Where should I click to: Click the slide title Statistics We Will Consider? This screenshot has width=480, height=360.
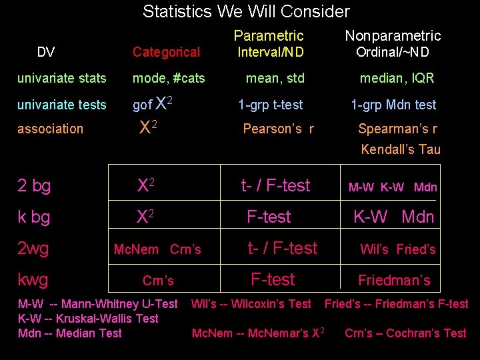tap(246, 11)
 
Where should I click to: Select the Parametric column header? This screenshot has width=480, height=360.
tap(269, 35)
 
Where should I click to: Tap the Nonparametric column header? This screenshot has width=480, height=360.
tap(393, 35)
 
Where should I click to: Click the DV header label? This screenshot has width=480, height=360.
tap(46, 52)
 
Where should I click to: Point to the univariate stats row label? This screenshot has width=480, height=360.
tap(61, 78)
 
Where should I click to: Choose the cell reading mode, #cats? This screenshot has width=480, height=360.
tap(169, 78)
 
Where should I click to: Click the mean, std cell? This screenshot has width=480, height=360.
tap(275, 78)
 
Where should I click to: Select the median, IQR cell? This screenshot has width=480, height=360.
tap(397, 78)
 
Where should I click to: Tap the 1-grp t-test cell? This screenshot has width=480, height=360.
tap(271, 105)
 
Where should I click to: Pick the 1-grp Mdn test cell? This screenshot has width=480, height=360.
tap(393, 105)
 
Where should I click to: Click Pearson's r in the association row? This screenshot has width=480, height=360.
tap(278, 129)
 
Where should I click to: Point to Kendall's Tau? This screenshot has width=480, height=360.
tap(401, 149)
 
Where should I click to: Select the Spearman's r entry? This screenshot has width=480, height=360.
tap(397, 129)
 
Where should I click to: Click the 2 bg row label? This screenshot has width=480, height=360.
tap(34, 186)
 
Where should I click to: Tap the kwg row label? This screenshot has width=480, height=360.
tap(33, 279)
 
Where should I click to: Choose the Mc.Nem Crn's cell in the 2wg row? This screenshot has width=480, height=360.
tap(157, 249)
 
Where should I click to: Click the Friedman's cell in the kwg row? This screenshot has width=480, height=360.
tap(394, 280)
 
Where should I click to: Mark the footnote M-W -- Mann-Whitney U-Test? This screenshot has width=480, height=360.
tap(98, 304)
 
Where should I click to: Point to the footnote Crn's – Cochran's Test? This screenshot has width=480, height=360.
tap(405, 333)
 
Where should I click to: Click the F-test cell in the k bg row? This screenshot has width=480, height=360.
tap(269, 217)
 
